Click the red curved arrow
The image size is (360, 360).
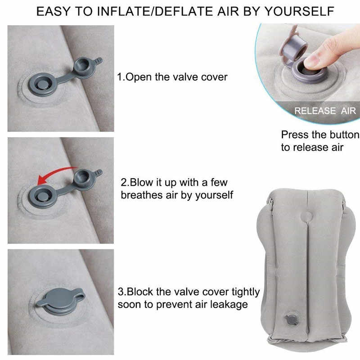pos(53,173)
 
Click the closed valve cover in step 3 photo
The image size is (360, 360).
pos(61,300)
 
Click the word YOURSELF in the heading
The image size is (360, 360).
pos(299,12)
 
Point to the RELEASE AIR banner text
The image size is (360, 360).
pos(325,111)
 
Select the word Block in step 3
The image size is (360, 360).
pos(140,292)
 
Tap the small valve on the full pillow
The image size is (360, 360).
pos(292,319)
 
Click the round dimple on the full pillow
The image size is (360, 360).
pos(306,216)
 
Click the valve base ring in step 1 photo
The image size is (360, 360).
pos(42,84)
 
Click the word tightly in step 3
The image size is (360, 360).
pos(246,292)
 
